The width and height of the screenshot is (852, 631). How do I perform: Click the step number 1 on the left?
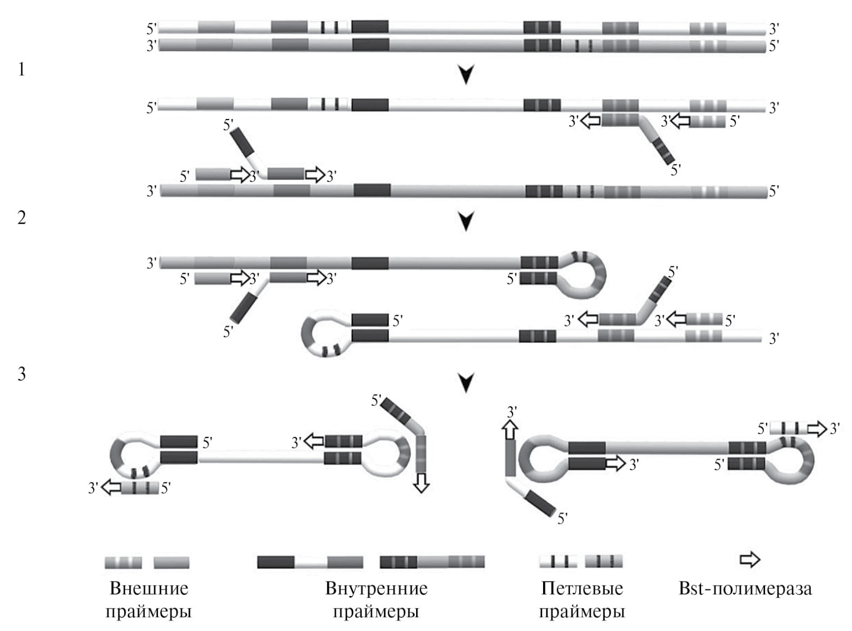click(22, 70)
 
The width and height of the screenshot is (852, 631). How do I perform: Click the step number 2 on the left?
click(22, 218)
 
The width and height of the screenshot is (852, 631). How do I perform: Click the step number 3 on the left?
click(22, 374)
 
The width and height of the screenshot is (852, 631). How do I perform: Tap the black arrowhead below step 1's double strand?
click(467, 75)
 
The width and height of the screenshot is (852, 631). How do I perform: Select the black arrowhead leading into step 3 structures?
click(467, 383)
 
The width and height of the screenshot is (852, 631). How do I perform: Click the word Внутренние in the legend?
click(376, 589)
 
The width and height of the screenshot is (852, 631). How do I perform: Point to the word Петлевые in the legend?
click(582, 589)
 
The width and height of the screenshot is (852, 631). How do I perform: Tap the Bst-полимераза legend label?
click(745, 589)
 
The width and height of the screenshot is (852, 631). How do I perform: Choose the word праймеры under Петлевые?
click(582, 612)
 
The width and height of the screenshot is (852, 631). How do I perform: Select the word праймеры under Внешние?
click(149, 612)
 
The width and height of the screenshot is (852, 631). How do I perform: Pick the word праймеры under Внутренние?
click(376, 612)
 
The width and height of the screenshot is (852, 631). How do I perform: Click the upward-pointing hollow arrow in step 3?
click(510, 430)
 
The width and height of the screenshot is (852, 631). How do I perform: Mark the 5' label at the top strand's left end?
click(152, 29)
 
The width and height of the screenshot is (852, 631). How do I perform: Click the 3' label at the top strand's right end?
click(774, 29)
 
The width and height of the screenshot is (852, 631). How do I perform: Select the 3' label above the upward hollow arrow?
click(512, 412)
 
